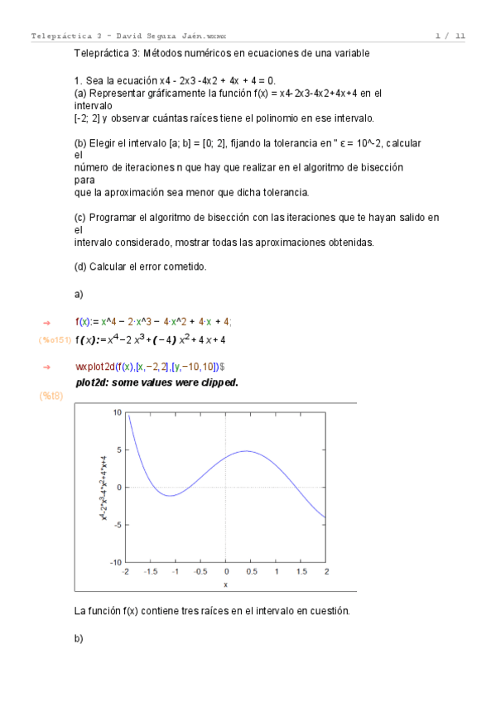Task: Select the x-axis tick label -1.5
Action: coord(151,571)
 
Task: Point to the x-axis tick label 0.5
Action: coord(251,571)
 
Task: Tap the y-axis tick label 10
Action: coord(117,411)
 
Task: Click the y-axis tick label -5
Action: coord(118,524)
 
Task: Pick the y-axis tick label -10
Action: coord(116,561)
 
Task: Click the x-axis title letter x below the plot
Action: coord(225,584)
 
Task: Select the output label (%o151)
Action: coord(54,339)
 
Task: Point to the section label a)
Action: coord(79,293)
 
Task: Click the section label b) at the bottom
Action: coord(79,639)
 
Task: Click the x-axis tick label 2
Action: coord(326,571)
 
